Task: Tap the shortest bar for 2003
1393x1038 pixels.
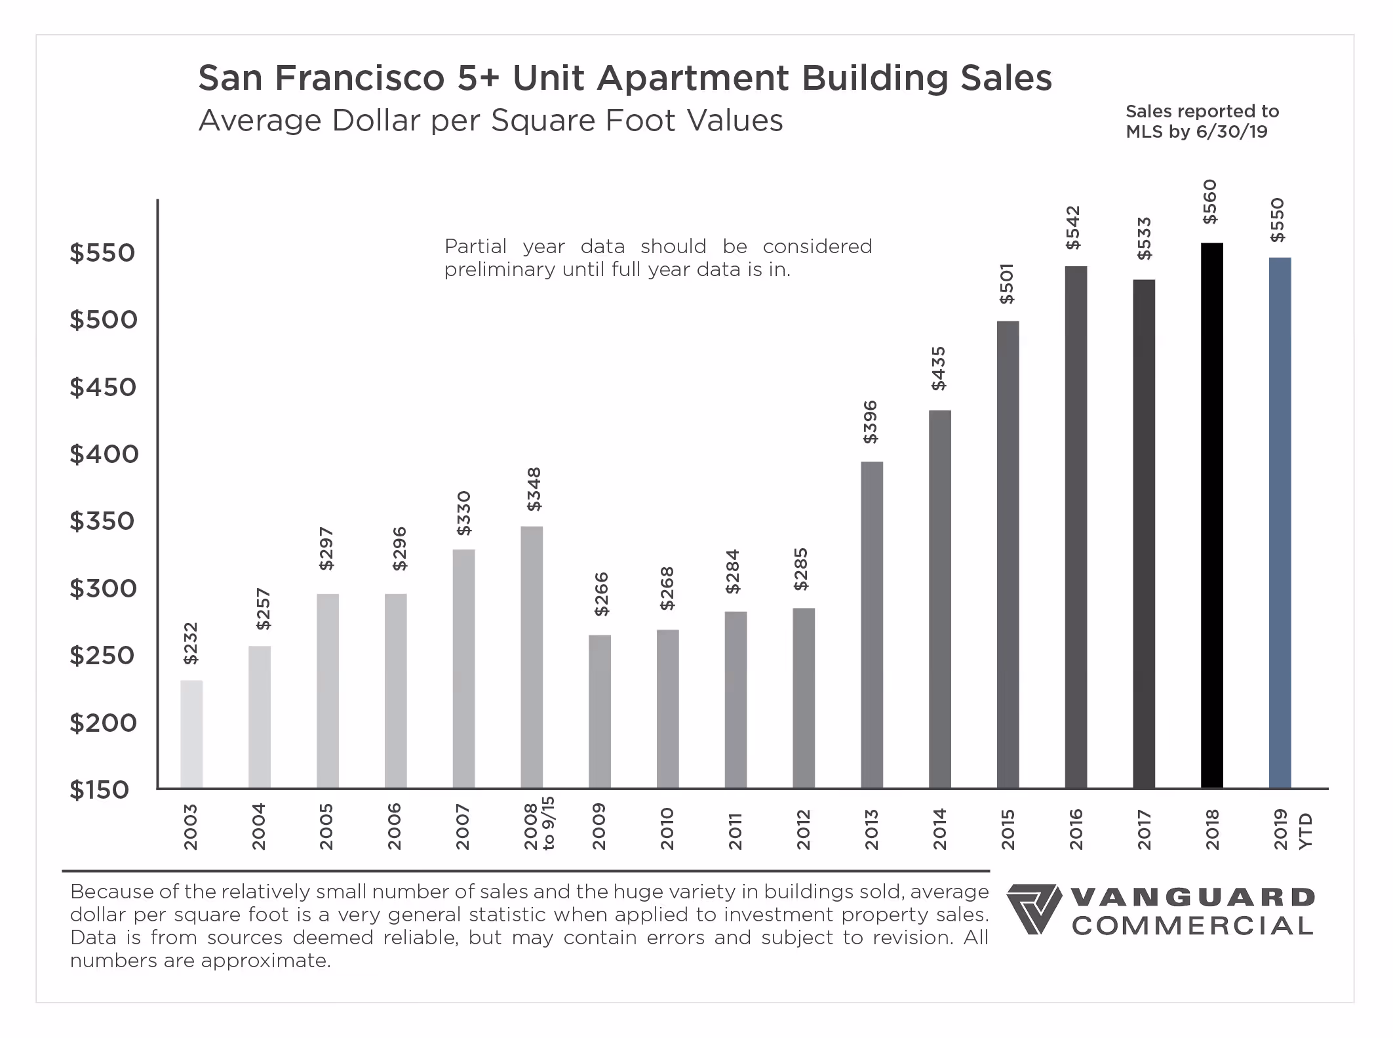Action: (191, 734)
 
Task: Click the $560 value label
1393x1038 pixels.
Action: (1209, 202)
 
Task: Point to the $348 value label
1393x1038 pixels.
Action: (534, 489)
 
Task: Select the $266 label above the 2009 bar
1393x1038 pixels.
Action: (601, 594)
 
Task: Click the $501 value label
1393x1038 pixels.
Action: (1006, 284)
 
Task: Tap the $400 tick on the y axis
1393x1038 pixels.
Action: (104, 454)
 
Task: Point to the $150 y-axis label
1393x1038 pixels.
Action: (99, 789)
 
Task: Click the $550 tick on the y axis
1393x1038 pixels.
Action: (102, 252)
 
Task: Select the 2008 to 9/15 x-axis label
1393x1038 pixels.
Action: (539, 824)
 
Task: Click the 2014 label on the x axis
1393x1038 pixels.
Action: (939, 829)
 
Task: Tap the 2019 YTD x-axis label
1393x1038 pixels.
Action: (1291, 829)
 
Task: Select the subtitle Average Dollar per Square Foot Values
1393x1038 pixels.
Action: (490, 121)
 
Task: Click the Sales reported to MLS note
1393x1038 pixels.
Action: (1202, 121)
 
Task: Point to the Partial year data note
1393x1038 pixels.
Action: (657, 258)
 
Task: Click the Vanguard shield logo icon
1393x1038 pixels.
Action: (1033, 909)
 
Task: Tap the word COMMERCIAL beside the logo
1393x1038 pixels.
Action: (1192, 926)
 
